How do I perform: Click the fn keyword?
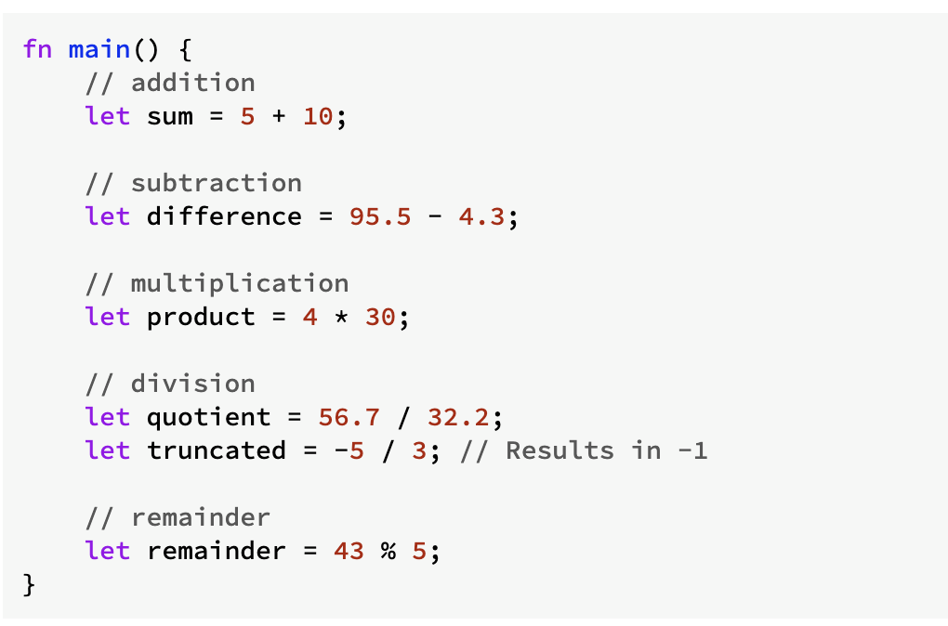tap(37, 49)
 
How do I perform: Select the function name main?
tap(99, 49)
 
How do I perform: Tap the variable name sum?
tap(170, 116)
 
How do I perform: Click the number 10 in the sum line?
tap(318, 116)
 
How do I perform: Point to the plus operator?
tap(279, 116)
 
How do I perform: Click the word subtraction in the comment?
tap(217, 182)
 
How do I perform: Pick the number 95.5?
tap(380, 216)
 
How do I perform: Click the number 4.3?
tap(481, 216)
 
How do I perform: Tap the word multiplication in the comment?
tap(240, 283)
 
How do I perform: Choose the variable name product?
tap(201, 318)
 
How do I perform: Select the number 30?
tap(380, 317)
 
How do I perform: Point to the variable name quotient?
tap(208, 417)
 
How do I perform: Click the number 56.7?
tap(349, 417)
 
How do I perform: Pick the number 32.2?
tap(458, 417)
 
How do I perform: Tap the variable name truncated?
tap(217, 450)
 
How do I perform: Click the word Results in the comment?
tap(560, 450)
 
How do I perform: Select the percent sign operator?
tap(388, 551)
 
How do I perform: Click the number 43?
tap(349, 551)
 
